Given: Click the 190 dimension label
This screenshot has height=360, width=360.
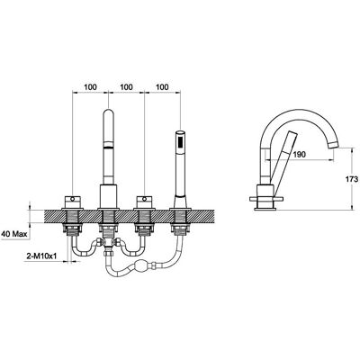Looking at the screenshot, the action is (300, 155).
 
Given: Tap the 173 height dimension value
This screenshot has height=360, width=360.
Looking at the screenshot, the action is (352, 179).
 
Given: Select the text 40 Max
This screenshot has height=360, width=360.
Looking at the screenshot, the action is (14, 233).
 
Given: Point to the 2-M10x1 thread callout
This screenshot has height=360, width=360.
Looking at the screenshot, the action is (41, 256).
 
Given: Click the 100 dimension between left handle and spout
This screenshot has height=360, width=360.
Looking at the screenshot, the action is (90, 87).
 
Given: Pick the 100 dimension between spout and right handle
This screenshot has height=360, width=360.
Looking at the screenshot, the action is (126, 87).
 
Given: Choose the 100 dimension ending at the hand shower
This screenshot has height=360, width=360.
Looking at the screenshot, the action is (162, 87).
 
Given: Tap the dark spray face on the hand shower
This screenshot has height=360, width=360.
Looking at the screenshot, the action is (180, 141).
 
